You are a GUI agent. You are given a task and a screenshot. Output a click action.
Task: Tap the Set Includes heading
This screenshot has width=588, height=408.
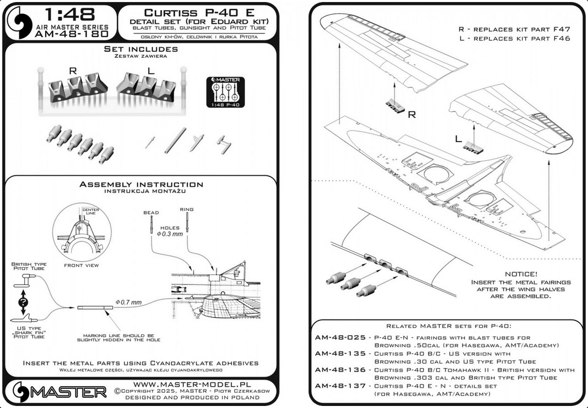click(141, 49)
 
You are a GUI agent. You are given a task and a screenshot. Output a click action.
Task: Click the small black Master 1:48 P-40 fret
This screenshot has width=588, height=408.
click(225, 92)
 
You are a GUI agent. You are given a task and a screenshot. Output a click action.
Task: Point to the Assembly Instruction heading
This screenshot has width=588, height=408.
click(141, 185)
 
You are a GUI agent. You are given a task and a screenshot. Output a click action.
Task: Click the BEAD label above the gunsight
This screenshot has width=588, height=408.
click(151, 213)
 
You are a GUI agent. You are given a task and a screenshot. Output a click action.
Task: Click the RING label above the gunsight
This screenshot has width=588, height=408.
click(187, 209)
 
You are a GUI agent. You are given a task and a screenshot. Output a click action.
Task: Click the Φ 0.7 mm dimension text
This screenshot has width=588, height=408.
click(129, 302)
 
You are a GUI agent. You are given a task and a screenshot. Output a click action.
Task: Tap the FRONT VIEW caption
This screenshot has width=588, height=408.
click(82, 265)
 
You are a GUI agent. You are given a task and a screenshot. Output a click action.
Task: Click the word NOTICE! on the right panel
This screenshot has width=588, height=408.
click(520, 273)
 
